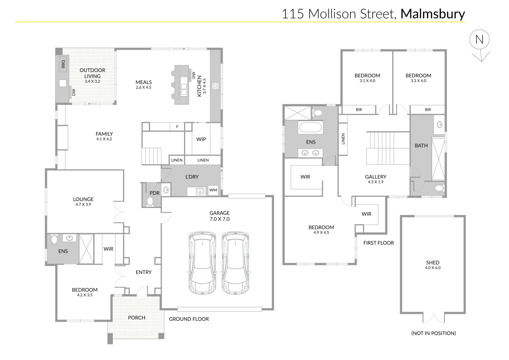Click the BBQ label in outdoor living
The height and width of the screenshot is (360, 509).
coord(63,64)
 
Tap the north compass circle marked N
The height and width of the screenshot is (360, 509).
coord(479,40)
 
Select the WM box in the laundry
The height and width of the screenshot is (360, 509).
coord(213,190)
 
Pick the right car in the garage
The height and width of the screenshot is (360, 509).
coord(236,263)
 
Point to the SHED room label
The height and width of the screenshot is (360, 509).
coord(432,262)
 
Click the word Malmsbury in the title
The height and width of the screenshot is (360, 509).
coord(432,14)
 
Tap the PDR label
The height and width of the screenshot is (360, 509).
coord(154,193)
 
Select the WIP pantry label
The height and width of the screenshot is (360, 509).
coord(201,139)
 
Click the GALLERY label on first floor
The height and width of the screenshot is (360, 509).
coord(376,177)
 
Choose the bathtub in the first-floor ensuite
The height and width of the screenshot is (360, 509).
coord(310,128)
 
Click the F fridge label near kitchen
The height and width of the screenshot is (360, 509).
coord(177,127)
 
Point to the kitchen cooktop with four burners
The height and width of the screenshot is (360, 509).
coord(215,86)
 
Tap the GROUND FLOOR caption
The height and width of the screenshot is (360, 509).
coord(189,319)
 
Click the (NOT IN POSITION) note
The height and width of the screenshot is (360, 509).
coord(433,333)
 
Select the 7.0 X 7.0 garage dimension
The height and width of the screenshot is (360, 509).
coord(220,219)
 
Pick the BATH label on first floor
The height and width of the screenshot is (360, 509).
coord(421,145)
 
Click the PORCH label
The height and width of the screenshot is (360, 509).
coord(137,317)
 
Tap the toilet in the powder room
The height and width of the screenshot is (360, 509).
coord(150,201)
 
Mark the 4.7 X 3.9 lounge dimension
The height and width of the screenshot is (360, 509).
coord(83,204)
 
